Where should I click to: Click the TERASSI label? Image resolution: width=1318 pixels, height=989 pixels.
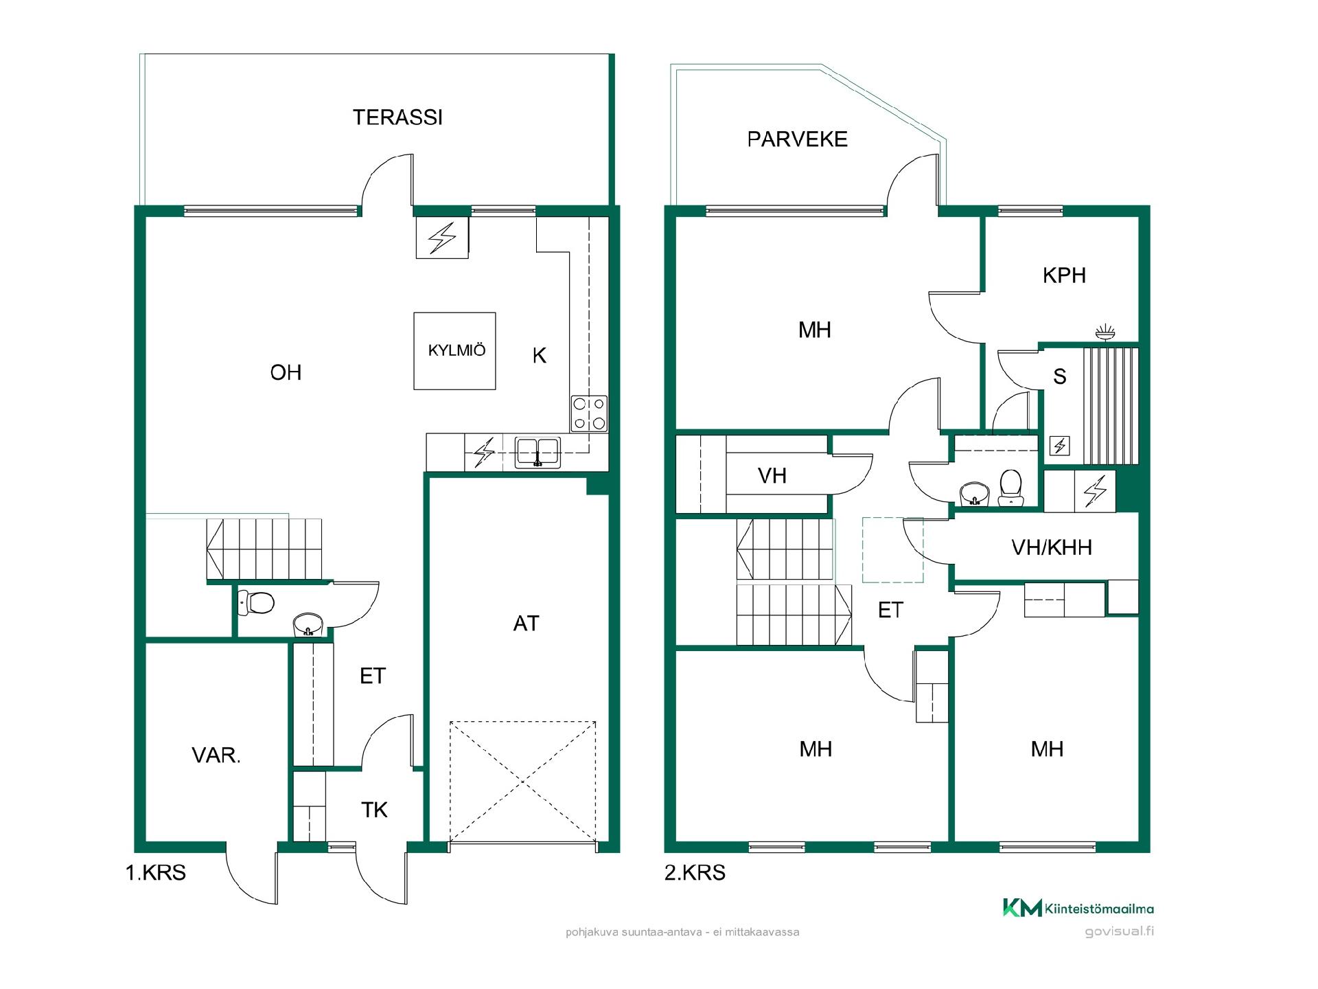pos(397,117)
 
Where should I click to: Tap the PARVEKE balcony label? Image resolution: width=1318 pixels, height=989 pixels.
pos(797,139)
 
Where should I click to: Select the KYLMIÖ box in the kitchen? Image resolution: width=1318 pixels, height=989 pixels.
pos(454,351)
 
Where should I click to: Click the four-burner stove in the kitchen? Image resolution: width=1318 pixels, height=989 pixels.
pos(589,413)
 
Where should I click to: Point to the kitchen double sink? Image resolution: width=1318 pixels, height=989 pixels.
pos(538,453)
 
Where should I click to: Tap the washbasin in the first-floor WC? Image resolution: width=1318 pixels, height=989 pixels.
pos(308,625)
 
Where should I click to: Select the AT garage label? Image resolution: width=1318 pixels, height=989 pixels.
pos(527,624)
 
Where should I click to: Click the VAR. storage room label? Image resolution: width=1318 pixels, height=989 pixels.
pos(216,755)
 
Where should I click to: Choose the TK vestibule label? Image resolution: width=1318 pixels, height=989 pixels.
pos(374,810)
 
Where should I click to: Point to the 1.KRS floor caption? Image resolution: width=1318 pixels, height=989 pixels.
pos(155,873)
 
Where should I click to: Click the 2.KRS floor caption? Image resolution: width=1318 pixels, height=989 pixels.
pos(695,873)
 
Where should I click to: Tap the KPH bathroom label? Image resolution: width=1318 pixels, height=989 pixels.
pos(1064,275)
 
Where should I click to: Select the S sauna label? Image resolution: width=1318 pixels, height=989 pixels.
pos(1060,376)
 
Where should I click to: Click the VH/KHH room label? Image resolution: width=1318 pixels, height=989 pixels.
pos(1052,547)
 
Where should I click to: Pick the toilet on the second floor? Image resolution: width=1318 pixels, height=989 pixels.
pos(1010,486)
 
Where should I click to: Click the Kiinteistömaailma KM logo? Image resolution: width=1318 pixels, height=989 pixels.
pos(1078,908)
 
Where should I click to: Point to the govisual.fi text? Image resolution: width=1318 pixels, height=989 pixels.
pos(1119,932)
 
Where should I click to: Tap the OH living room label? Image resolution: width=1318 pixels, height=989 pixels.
pos(286,373)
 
